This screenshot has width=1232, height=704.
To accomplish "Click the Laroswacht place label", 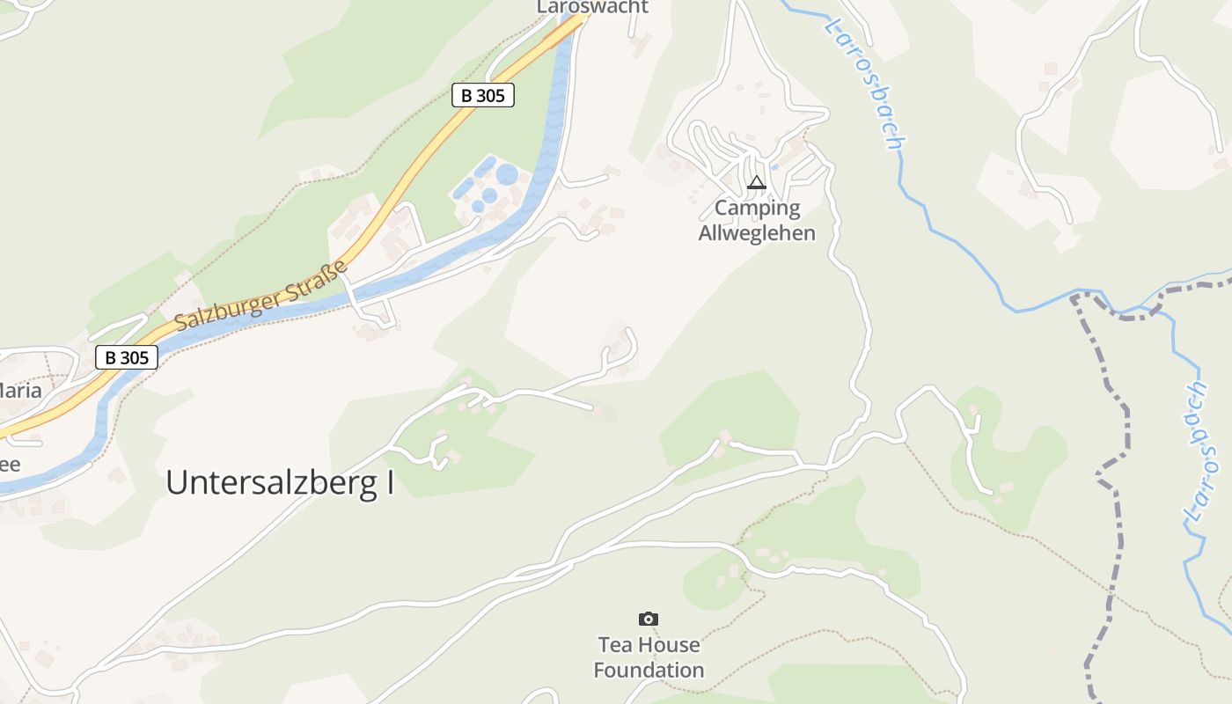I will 592,7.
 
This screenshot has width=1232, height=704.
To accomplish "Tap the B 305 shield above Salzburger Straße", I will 482,95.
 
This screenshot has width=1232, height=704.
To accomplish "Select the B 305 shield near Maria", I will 127,357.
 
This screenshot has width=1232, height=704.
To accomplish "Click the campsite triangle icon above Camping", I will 756,183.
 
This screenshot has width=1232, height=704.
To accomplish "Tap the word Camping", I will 757,209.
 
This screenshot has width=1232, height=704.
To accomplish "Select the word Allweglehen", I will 757,233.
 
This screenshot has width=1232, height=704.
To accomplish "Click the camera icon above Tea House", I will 649,620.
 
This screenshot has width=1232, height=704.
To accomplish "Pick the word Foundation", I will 649,670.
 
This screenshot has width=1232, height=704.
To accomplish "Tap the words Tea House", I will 649,645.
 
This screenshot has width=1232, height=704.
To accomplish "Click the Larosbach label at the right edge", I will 1196,453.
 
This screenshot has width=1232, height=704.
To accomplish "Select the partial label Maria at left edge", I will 21,390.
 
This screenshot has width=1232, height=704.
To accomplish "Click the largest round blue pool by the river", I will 507,174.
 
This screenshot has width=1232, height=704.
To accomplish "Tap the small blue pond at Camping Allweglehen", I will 774,165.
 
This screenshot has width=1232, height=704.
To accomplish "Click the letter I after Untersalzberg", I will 389,483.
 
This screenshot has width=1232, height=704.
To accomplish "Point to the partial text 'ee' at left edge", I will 10,465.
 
